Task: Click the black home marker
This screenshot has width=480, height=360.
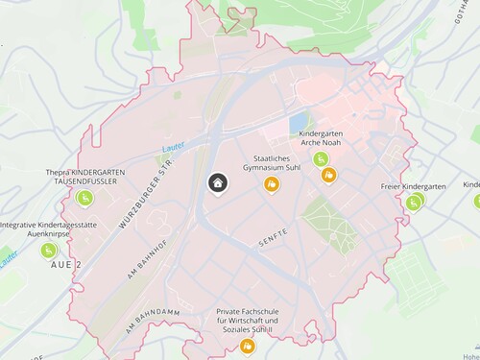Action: click(218, 182)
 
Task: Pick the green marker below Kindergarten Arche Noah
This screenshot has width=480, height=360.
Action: click(320, 159)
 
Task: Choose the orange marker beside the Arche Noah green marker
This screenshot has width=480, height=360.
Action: click(329, 175)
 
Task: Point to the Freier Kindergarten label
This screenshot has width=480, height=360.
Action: click(413, 186)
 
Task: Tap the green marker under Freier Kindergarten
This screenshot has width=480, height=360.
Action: click(414, 203)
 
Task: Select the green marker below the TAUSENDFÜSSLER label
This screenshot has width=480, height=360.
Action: click(84, 198)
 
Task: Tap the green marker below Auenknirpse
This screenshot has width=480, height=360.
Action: click(48, 250)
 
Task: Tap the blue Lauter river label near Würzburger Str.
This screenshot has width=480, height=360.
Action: click(173, 146)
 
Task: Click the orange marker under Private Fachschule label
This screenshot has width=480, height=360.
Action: click(248, 346)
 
